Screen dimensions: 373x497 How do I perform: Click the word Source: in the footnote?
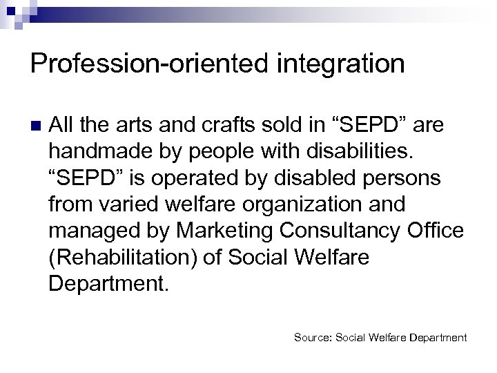313,338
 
